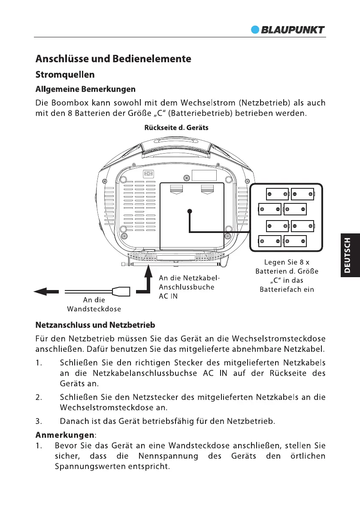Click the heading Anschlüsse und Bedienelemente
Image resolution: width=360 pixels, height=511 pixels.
click(113, 58)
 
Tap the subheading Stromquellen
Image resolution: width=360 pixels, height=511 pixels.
click(65, 74)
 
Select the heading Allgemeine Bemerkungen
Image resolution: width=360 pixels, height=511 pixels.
click(85, 89)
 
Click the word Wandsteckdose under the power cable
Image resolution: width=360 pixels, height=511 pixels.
click(94, 308)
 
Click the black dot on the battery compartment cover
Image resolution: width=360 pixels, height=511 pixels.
click(189, 211)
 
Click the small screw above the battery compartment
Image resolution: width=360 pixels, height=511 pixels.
click(186, 178)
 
